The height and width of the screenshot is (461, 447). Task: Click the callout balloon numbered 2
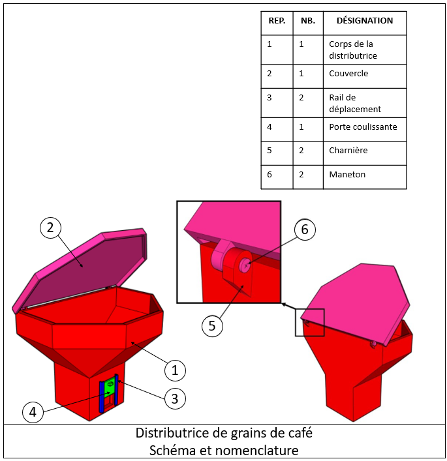coord(50,228)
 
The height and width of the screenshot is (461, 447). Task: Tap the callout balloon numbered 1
coord(175,370)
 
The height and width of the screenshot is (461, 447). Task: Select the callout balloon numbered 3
coord(175,398)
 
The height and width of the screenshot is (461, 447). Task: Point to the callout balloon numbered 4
coord(33,412)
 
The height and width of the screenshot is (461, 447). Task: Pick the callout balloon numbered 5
coord(212,326)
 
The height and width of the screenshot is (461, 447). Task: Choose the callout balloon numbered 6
coord(305,230)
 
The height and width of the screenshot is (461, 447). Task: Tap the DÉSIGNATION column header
coord(365,21)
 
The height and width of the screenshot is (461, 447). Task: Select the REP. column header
coord(277,21)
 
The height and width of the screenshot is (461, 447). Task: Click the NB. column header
coord(308,21)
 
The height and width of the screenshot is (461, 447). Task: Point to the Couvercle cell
coord(348,73)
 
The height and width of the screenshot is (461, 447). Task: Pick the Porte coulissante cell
coord(363,126)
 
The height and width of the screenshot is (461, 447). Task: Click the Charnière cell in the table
coord(348,150)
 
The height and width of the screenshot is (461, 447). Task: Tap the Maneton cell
coord(347,174)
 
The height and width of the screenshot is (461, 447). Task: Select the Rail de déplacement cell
coord(355,103)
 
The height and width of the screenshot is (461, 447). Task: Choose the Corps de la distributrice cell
coord(353,50)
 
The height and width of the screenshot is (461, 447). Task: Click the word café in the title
coord(300,433)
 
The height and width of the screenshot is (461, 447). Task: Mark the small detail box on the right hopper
coord(309,322)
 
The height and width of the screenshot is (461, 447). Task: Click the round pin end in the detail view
coord(245,265)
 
